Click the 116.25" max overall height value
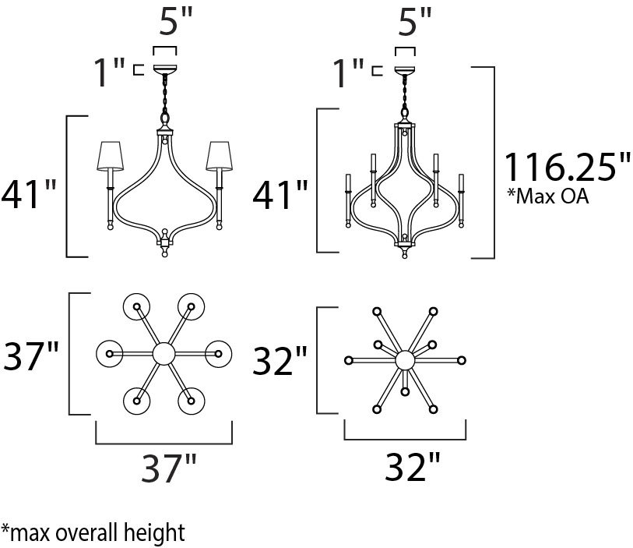[x=567, y=167]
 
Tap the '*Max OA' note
[x=548, y=196]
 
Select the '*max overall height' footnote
[x=93, y=532]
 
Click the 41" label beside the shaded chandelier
[x=29, y=194]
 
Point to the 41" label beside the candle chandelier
[x=280, y=194]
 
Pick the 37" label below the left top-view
[x=169, y=468]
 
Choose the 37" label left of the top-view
[x=30, y=355]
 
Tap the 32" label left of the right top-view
[x=280, y=360]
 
